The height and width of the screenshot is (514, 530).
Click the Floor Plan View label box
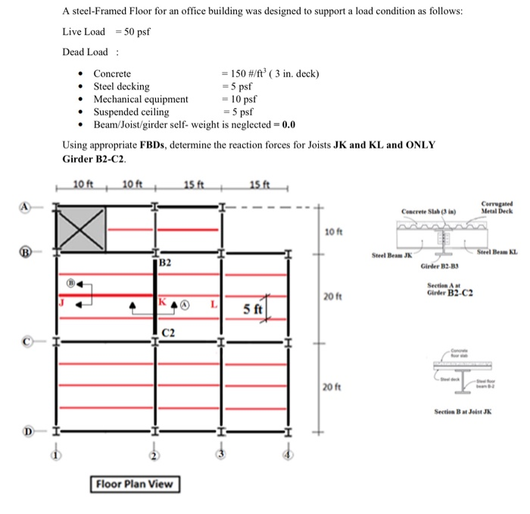pyautogui.click(x=136, y=484)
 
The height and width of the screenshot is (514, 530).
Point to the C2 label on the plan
pyautogui.click(x=168, y=332)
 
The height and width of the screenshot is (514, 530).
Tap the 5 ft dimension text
pyautogui.click(x=252, y=309)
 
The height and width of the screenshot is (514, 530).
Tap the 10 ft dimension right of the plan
pyautogui.click(x=333, y=231)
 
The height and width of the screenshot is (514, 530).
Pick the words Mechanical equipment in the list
pyautogui.click(x=141, y=99)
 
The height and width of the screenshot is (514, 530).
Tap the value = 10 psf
pyautogui.click(x=239, y=99)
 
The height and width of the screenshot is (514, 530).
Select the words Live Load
pyautogui.click(x=84, y=31)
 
